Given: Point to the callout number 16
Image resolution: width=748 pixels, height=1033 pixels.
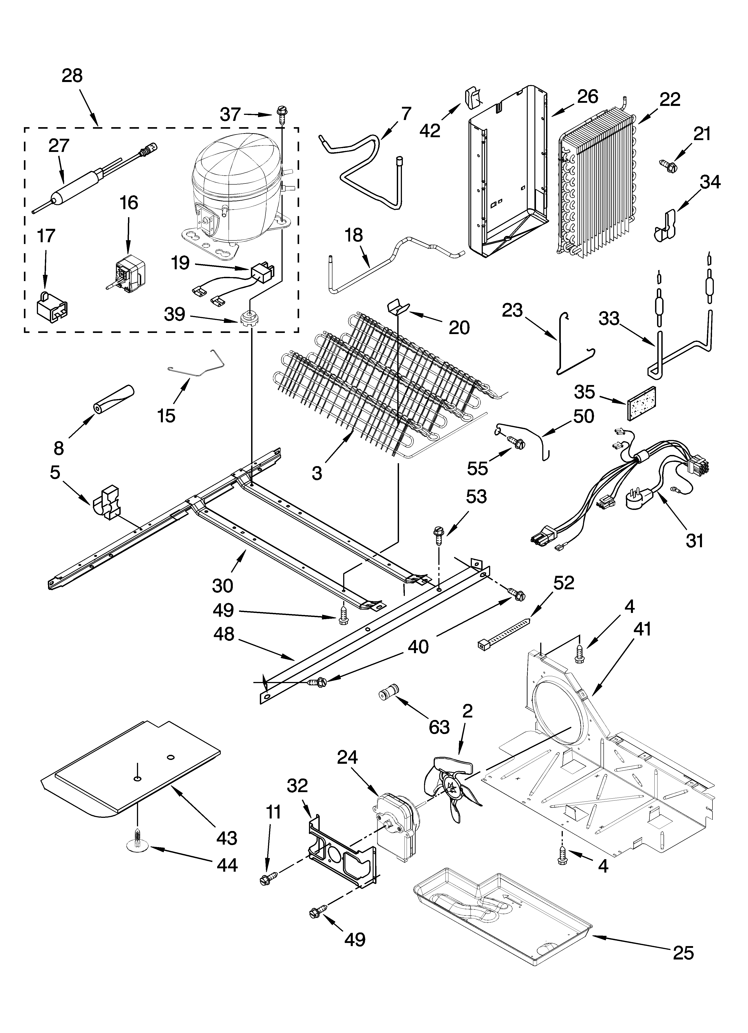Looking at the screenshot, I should tap(129, 203).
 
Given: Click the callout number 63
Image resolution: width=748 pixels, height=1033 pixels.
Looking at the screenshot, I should tap(439, 727).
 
